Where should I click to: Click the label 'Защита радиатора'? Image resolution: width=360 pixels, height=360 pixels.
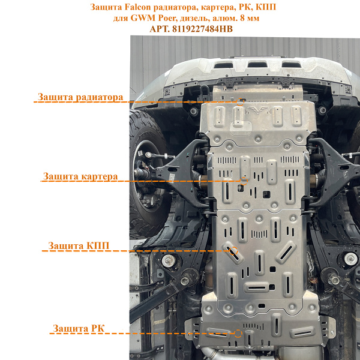[80, 97]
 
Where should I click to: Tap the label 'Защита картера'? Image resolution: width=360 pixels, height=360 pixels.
[80, 176]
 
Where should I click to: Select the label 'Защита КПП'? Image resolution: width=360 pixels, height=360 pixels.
[79, 245]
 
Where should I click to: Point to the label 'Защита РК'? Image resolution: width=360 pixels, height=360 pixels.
[79, 328]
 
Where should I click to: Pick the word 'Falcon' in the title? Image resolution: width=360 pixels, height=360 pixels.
[138, 7]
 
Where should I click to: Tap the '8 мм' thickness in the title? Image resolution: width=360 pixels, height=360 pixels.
[250, 18]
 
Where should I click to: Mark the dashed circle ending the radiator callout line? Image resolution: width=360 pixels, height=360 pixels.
[240, 102]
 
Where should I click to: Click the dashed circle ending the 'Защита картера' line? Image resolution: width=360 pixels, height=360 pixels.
[244, 181]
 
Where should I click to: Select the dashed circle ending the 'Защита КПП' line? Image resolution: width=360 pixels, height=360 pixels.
[234, 251]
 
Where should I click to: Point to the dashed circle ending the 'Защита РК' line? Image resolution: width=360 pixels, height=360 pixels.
[238, 334]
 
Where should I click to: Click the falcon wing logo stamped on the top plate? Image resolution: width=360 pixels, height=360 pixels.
[258, 110]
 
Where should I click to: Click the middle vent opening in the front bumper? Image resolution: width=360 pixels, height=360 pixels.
[257, 65]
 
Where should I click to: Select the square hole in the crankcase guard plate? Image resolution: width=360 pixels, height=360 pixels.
[266, 194]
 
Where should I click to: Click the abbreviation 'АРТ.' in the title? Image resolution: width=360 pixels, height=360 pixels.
[160, 29]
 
